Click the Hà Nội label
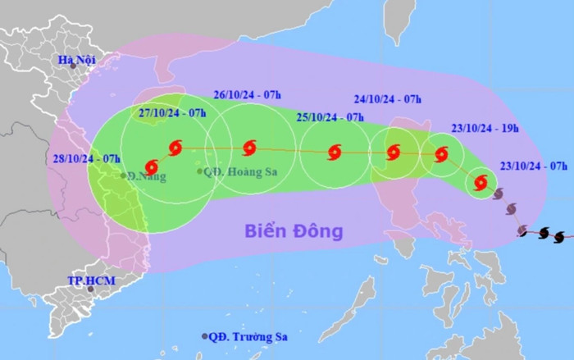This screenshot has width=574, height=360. coord(79,60)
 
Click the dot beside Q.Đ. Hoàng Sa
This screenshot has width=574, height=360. coord(199,171)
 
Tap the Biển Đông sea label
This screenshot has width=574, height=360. coord(294,231)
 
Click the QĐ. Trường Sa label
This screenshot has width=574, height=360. coord(251,336)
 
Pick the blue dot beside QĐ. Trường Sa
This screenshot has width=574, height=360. coord(205,337)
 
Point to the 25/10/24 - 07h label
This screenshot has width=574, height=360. coord(330,118)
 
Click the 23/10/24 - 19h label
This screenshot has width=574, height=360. coord(485,128)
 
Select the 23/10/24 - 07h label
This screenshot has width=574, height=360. coord(535,166)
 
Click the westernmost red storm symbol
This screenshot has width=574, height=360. coord(151,166)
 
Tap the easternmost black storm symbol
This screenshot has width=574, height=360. coord(559,236)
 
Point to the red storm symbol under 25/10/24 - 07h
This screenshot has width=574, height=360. coord(334,153)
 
